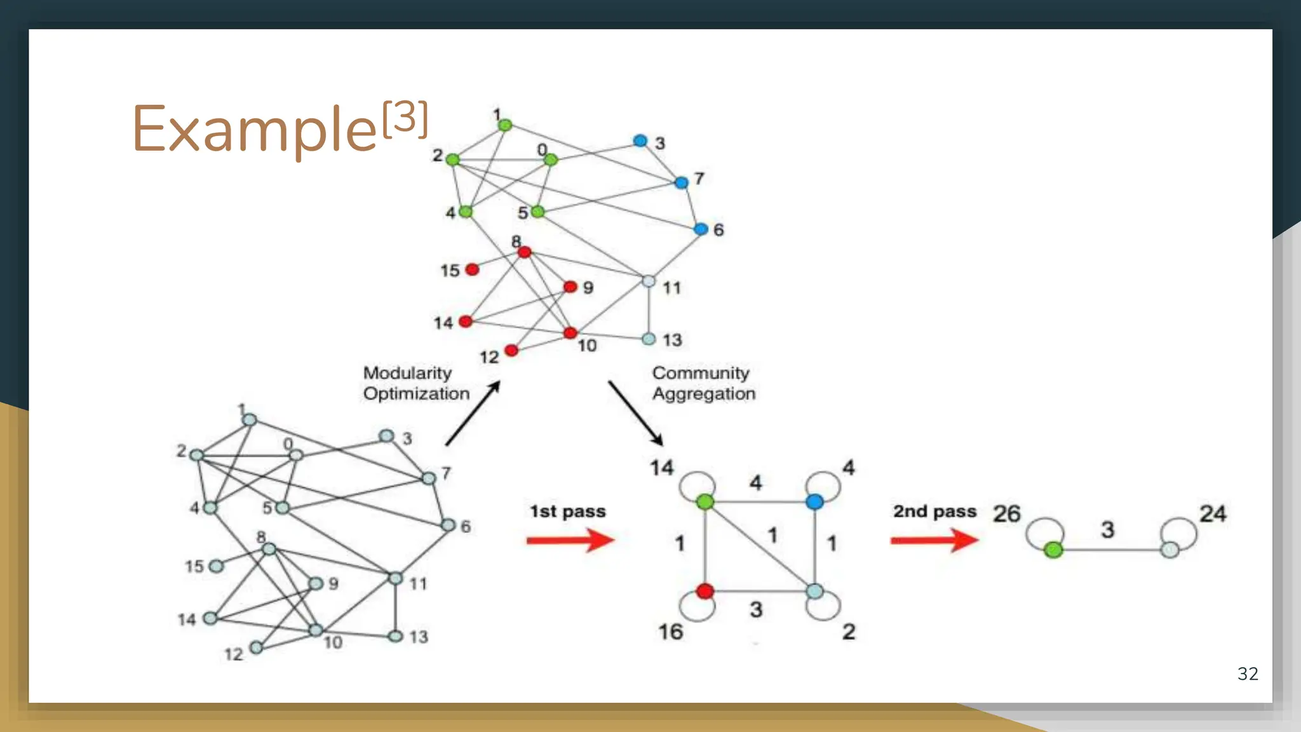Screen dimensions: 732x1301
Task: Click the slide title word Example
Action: (254, 129)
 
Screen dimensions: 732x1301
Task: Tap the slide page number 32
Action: (1248, 674)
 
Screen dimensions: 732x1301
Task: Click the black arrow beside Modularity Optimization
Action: (473, 414)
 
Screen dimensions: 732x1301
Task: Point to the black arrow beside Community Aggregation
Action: (635, 413)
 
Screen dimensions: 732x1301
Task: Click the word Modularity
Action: (407, 373)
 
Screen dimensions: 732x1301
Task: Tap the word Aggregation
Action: (704, 394)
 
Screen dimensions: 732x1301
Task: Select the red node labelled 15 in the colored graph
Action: (472, 269)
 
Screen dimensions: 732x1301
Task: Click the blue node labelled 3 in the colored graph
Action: (640, 140)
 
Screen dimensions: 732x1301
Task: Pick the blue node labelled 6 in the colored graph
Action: (701, 229)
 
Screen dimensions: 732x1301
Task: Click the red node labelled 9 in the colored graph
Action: (570, 287)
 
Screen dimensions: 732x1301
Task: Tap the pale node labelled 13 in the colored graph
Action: (649, 339)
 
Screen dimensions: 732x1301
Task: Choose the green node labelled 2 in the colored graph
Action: (452, 159)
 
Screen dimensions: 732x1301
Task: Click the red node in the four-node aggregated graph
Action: (704, 592)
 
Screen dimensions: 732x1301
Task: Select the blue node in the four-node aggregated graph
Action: (814, 502)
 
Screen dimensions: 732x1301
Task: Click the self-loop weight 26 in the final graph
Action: (1006, 513)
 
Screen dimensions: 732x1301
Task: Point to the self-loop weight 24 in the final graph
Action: (1213, 513)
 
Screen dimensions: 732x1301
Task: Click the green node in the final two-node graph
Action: (1053, 550)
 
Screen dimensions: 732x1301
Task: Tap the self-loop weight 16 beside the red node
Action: (670, 632)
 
